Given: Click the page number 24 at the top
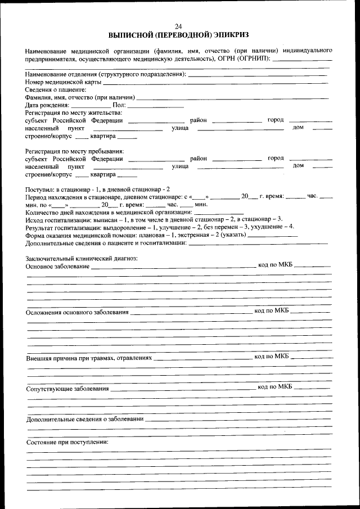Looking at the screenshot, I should [179, 26].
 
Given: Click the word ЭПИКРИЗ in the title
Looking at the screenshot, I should [228, 35].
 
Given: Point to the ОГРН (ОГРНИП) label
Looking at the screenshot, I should [243, 58].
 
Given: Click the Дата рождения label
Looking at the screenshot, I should [47, 105].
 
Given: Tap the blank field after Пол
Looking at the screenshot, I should [147, 105].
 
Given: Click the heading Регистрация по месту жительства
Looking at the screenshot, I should [74, 112].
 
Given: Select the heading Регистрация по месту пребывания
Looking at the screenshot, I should [75, 151].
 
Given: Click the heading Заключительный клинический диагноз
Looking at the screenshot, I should [82, 258].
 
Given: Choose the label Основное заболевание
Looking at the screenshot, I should [58, 266].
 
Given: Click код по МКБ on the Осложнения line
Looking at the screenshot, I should [271, 310].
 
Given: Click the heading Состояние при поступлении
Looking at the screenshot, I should [67, 442].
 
